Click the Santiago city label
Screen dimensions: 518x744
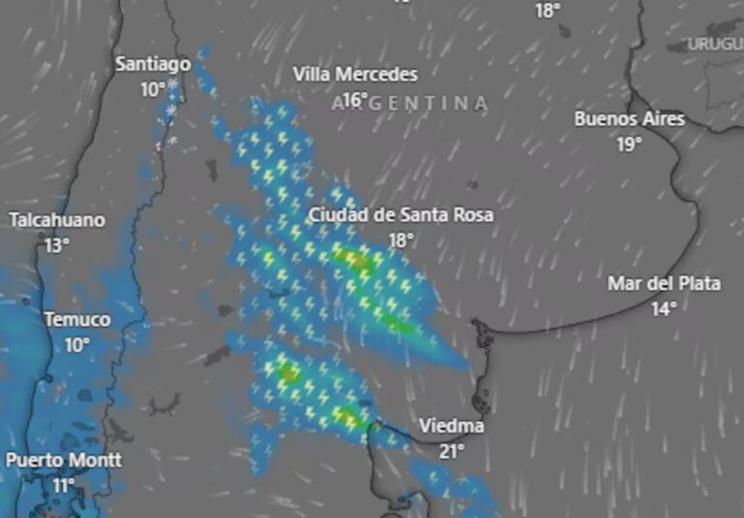click(153, 64)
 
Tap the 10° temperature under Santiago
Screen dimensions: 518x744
click(153, 89)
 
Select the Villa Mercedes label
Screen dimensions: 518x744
click(356, 75)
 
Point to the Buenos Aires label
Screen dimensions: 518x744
click(630, 119)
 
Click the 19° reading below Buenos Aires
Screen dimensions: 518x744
click(630, 145)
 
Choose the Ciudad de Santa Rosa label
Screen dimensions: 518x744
click(401, 215)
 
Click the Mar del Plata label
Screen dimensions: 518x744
click(665, 284)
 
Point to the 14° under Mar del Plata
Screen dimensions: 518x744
click(664, 309)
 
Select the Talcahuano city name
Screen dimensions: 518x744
click(57, 220)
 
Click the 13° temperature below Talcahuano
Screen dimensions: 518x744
click(57, 245)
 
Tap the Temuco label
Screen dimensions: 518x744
click(77, 319)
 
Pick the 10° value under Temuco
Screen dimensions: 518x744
click(77, 344)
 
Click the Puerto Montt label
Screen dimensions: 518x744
click(64, 460)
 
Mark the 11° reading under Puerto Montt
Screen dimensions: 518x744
click(64, 485)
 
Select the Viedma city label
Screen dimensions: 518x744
click(451, 426)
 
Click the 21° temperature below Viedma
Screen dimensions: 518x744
click(451, 451)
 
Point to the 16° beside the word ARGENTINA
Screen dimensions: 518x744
click(356, 100)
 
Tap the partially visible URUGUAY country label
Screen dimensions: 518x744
click(716, 44)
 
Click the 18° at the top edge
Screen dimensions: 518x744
click(548, 10)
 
